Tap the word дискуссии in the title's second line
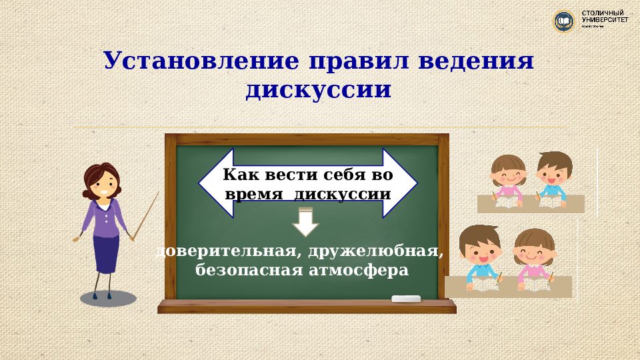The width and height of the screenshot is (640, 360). click(318, 90)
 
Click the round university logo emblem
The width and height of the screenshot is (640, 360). click(564, 21)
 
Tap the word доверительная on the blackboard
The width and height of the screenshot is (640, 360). click(225, 252)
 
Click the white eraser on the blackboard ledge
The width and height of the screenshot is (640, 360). click(407, 299)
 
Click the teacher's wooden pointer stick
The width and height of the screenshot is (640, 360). click(146, 216)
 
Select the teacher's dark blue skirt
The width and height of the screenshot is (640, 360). click(105, 253)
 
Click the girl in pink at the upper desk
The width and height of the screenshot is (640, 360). click(508, 177)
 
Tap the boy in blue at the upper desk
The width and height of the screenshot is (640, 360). click(553, 175)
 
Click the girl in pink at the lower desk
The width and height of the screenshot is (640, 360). click(534, 257)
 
